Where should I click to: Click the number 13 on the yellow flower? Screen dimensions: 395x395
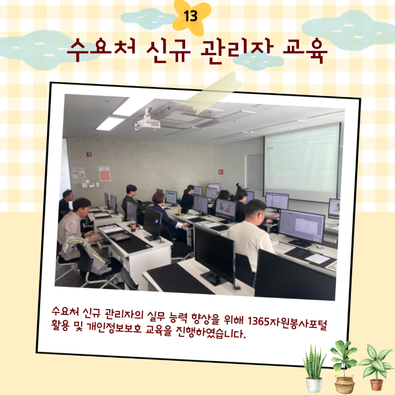pos(191,16)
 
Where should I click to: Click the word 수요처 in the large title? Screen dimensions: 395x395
pos(102,50)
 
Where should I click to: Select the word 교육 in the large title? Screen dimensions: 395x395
pos(305,51)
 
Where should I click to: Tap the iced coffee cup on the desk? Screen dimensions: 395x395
pos(133,225)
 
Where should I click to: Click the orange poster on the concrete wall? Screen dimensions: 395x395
pos(104,173)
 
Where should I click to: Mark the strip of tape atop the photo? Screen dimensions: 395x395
pos(214,93)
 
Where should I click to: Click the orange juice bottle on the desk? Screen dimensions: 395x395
pos(179,210)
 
